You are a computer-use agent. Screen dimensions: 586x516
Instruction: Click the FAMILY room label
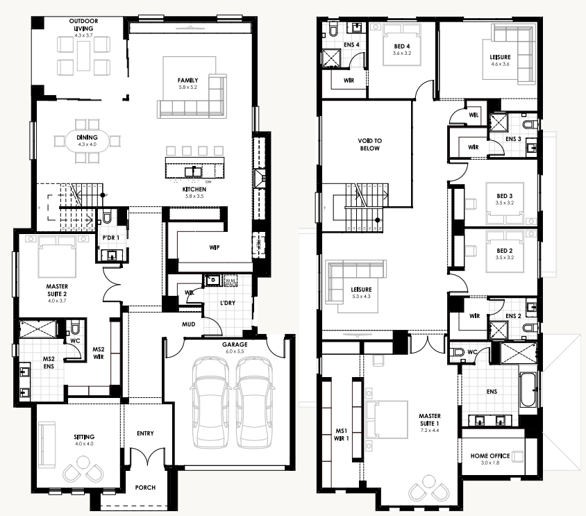coord(187,80)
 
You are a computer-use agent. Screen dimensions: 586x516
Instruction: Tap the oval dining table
coord(87,140)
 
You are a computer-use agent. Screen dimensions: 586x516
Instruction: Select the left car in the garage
coord(210,402)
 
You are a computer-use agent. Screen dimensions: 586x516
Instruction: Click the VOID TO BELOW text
coord(369,144)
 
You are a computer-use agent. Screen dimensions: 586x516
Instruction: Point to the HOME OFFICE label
coord(490,456)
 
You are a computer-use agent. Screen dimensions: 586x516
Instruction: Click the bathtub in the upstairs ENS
coord(528,389)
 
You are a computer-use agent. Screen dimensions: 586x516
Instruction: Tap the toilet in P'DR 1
coord(107,217)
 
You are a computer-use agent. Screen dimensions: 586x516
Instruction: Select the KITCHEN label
coord(194,189)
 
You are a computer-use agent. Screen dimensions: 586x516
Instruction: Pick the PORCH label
coord(145,488)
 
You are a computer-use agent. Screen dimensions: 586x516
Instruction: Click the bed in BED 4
coord(402,45)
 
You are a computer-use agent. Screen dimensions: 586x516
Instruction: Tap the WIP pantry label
coord(214,247)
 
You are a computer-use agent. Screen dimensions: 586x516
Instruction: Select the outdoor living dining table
coord(83,56)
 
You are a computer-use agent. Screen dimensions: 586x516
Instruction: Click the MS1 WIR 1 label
coord(341,435)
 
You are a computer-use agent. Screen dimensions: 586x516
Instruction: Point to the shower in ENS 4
coord(332,58)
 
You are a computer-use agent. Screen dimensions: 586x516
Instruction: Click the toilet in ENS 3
coord(530,124)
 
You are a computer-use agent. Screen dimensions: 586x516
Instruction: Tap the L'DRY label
coord(228,303)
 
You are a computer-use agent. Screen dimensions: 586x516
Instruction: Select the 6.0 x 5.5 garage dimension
coord(235,351)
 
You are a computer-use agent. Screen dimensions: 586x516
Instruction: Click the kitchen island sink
coord(193,172)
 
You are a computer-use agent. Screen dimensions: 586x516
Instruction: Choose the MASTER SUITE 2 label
coord(57,290)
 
